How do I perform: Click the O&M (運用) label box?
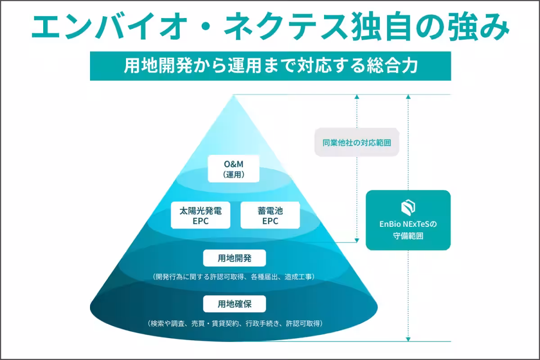tap(234, 169)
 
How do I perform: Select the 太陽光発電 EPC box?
tap(201, 215)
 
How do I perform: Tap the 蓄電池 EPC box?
tap(270, 215)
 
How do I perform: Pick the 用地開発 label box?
tap(234, 258)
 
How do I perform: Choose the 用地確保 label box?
tap(234, 304)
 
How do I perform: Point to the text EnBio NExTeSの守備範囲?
tap(408, 229)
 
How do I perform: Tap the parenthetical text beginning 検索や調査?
tap(234, 323)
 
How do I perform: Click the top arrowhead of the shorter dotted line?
tap(357, 97)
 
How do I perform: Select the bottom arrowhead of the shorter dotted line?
tap(357, 239)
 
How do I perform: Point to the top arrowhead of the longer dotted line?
tap(408, 97)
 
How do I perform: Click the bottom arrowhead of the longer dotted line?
tap(408, 338)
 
